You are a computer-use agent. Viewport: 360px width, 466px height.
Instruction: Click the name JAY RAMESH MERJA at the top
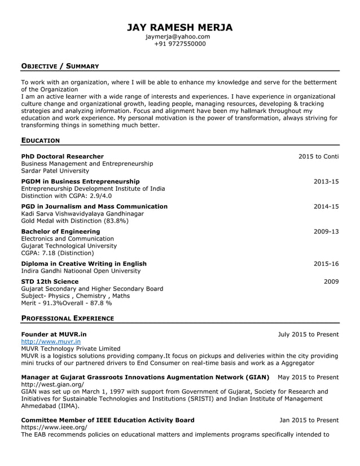(x=179, y=28)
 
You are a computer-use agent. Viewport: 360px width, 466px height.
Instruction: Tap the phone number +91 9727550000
(x=179, y=44)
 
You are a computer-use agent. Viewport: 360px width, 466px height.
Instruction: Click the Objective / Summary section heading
(x=60, y=67)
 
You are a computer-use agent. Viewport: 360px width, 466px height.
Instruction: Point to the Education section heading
(x=40, y=140)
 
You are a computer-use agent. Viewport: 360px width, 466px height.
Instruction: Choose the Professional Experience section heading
(x=67, y=318)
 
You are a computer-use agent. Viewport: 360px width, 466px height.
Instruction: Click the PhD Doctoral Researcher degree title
(x=62, y=156)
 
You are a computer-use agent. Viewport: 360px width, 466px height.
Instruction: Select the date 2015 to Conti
(x=318, y=156)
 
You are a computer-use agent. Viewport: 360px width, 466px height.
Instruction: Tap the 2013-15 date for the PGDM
(x=326, y=181)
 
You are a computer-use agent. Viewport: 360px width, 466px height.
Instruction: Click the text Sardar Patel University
(x=55, y=171)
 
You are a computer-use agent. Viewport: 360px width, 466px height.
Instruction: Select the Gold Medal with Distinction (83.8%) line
(x=74, y=221)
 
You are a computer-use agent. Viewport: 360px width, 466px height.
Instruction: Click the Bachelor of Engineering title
(x=60, y=231)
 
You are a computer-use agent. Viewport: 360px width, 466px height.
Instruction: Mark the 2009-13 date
(x=326, y=231)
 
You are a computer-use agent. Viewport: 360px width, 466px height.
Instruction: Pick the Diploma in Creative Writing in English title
(x=84, y=263)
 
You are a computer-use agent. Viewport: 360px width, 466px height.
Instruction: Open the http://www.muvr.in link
(x=51, y=341)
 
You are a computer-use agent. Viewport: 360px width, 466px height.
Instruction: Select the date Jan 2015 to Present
(x=309, y=420)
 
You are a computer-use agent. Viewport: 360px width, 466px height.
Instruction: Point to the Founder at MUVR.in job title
(x=54, y=335)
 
